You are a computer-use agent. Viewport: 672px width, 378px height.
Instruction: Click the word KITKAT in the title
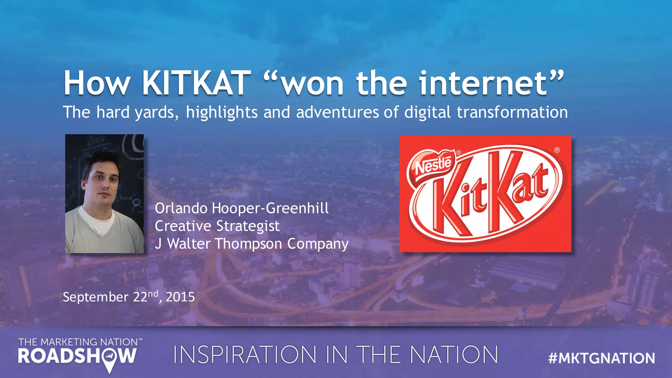click(x=196, y=83)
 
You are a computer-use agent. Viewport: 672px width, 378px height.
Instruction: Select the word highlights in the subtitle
click(x=221, y=113)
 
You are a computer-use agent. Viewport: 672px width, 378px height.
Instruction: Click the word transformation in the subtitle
click(x=512, y=112)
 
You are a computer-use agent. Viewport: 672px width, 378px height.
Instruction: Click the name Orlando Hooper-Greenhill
click(x=241, y=208)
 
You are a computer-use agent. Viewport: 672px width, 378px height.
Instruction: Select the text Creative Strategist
click(x=217, y=226)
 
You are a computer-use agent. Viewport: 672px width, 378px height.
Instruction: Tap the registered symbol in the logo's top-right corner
click(x=557, y=150)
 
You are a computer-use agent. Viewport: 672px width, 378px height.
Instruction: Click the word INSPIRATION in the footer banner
click(x=244, y=355)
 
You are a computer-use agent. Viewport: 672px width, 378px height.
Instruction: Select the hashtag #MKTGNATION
click(x=601, y=358)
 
